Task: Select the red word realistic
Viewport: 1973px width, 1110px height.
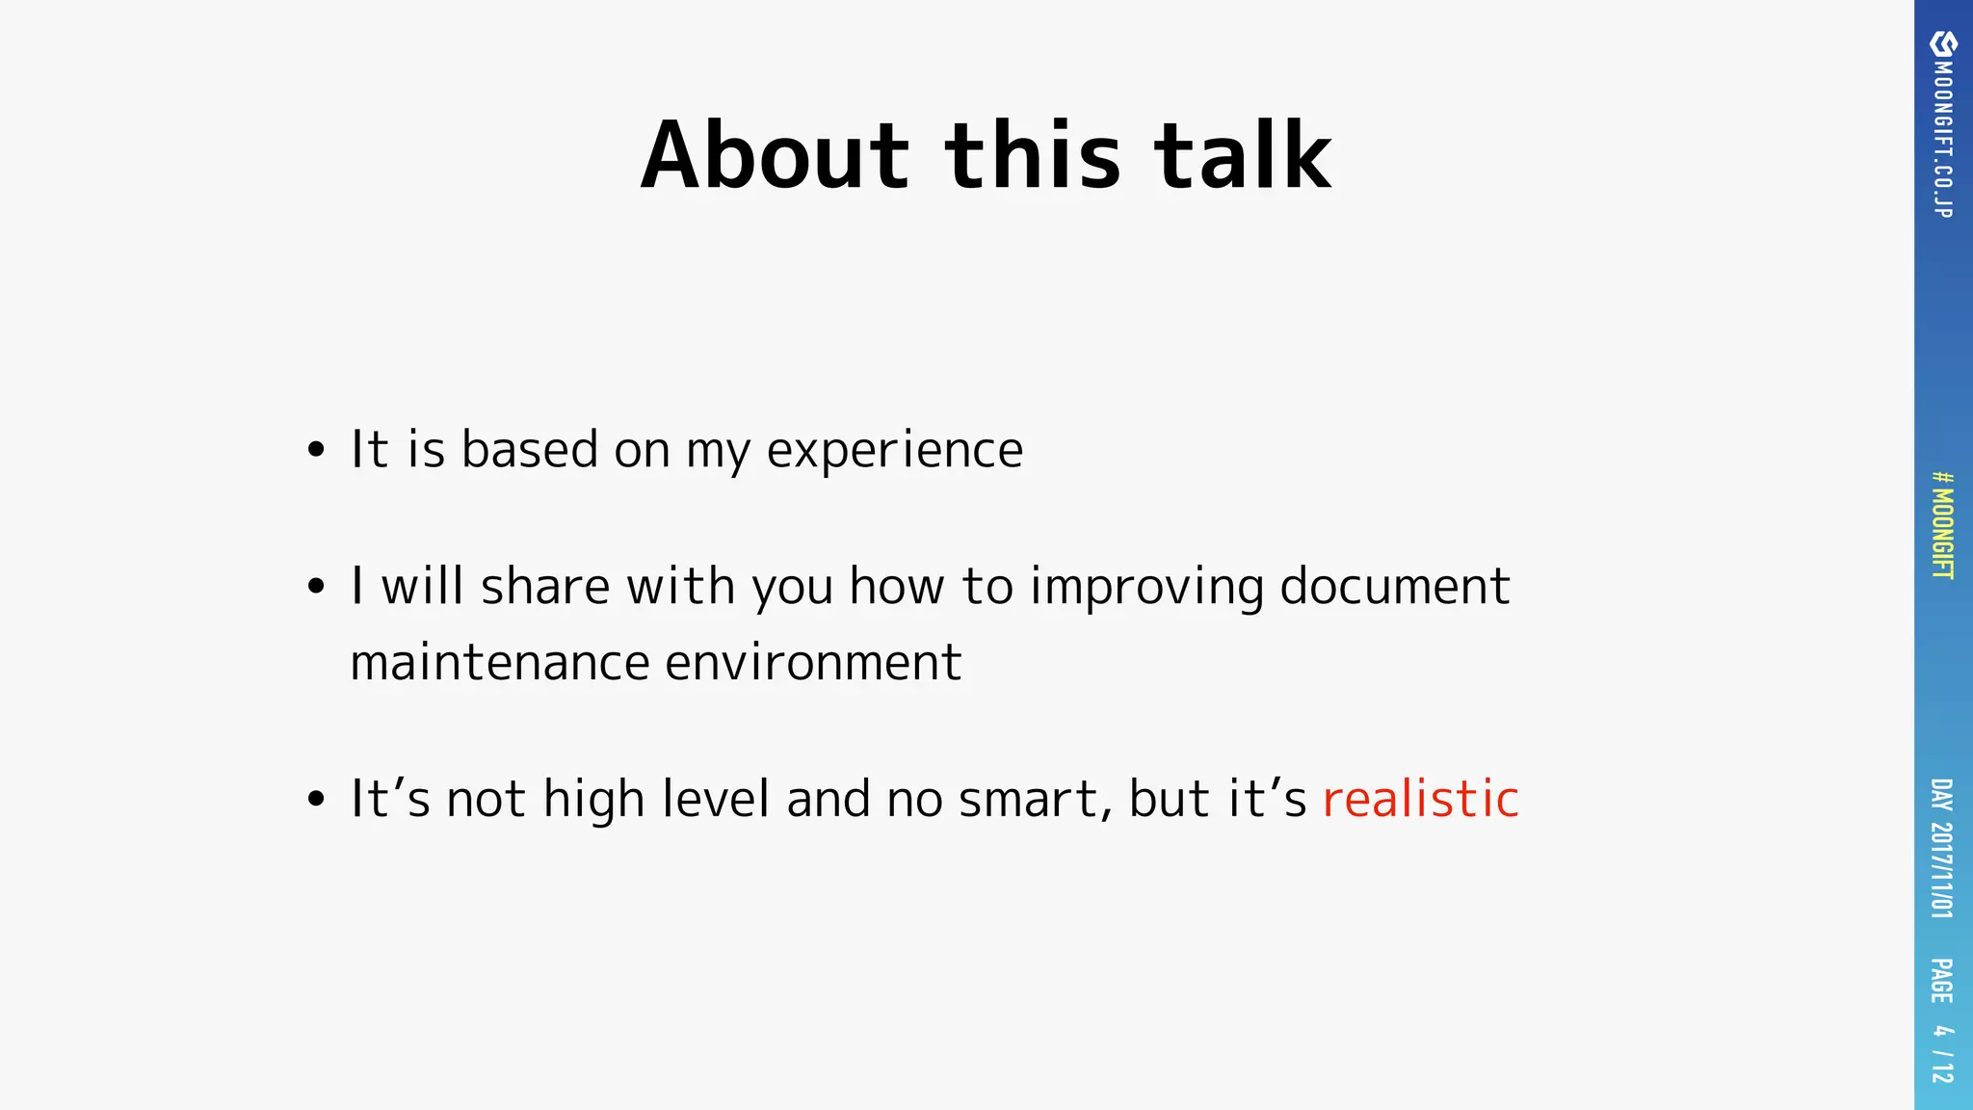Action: coord(1420,799)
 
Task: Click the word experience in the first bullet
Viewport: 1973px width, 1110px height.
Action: coord(894,450)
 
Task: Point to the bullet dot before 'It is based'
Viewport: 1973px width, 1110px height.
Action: coord(316,450)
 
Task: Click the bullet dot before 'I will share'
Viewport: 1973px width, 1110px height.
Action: coord(316,586)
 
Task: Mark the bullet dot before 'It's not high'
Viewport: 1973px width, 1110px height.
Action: coord(316,799)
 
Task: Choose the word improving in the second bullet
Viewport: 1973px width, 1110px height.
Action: coord(1146,587)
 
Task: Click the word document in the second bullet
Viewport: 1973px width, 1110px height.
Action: coord(1394,587)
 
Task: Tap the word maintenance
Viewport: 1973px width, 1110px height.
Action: coord(500,663)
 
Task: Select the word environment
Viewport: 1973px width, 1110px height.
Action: coord(813,663)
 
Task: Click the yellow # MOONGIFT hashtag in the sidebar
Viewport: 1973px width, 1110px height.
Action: coord(1943,525)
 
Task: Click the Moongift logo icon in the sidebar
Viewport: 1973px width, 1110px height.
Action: coord(1943,43)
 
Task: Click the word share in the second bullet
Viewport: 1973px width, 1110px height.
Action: coord(545,587)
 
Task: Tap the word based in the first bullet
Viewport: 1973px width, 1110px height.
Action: coord(530,450)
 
